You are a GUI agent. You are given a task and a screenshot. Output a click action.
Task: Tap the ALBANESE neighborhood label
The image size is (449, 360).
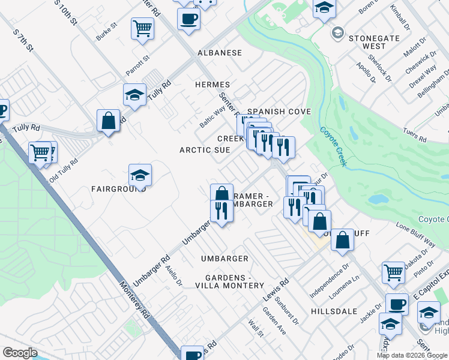tap(220, 53)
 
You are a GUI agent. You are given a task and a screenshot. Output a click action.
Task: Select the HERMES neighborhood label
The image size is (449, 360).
tap(212, 85)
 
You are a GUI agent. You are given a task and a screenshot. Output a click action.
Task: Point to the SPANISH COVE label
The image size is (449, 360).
tap(279, 112)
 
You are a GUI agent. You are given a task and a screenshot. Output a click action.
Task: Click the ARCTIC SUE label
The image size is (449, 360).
tap(205, 150)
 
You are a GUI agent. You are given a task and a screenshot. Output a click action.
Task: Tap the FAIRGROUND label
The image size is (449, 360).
tap(119, 188)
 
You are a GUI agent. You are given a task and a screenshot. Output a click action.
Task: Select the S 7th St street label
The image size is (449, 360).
tap(23, 38)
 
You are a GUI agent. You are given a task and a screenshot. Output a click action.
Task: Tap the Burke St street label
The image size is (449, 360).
tap(106, 32)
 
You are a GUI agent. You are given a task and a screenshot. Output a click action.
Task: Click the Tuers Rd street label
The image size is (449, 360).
tap(414, 136)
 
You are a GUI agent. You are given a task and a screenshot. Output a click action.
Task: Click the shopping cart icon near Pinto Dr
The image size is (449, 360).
tap(394, 272)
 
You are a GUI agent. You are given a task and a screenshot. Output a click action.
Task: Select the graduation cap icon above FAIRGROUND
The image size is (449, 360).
tap(140, 175)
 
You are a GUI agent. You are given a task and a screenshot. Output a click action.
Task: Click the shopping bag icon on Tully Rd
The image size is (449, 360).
tap(109, 121)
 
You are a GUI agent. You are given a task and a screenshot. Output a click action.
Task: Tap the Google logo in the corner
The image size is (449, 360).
tap(20, 352)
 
